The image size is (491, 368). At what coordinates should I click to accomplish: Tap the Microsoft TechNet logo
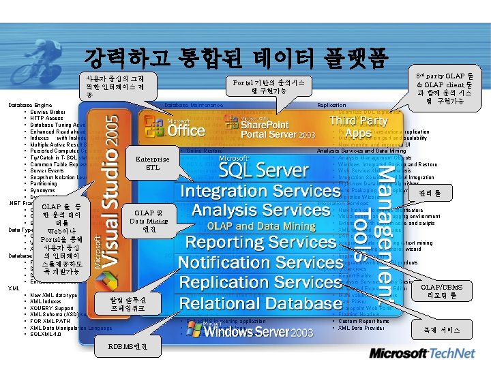[x=426, y=354]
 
